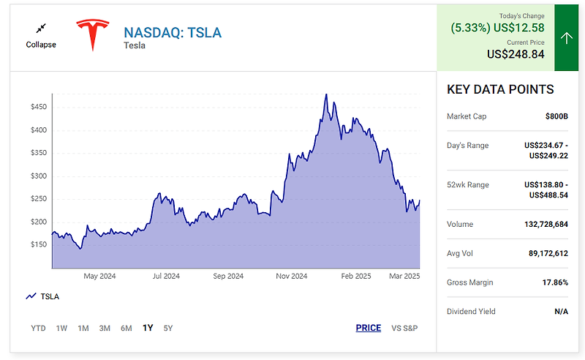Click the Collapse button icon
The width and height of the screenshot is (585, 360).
tap(41, 28)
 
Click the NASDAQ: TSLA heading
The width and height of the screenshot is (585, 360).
tap(173, 32)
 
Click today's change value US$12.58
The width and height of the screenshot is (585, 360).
tap(518, 28)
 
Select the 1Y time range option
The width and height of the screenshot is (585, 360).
tap(148, 328)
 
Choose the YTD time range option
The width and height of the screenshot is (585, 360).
tap(38, 328)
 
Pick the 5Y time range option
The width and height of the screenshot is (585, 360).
tap(168, 328)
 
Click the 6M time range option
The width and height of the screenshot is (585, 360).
tap(127, 328)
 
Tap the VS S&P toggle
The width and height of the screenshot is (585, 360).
tap(404, 328)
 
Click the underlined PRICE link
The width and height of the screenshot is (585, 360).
tap(369, 328)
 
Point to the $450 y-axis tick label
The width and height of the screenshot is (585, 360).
tap(38, 107)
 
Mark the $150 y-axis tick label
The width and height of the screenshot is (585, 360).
tap(38, 244)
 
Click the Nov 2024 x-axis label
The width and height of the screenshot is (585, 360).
tap(292, 276)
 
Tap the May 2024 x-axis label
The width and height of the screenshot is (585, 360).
tap(99, 276)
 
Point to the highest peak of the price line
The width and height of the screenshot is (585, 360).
tap(326, 94)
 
